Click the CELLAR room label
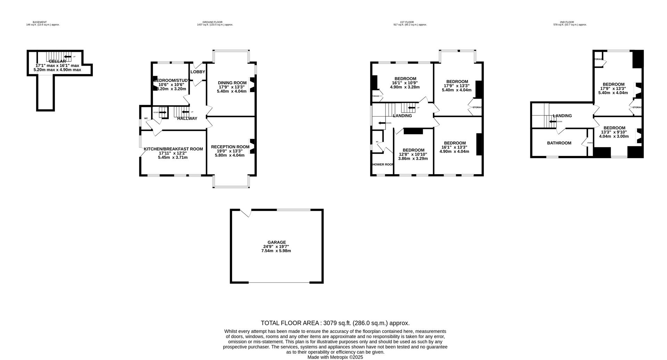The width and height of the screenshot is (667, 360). point(57,62)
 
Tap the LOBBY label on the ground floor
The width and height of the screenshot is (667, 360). point(198,72)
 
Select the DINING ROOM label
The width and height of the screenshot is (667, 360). point(232,83)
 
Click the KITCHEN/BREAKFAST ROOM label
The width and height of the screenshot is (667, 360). point(173,149)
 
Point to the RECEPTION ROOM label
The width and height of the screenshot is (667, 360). point(230,147)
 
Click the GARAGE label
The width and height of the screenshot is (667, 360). point(277,242)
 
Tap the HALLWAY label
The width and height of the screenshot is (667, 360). point(187,118)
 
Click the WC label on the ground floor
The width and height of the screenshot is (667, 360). point(146,118)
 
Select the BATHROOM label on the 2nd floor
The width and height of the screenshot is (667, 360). point(559,143)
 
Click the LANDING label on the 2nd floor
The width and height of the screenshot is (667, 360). point(562,116)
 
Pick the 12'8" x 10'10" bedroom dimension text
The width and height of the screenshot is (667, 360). point(413,154)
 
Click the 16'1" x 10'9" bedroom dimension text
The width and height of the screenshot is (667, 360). point(405,83)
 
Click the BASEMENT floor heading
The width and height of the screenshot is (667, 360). point(40,22)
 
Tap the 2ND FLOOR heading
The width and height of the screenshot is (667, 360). point(567,22)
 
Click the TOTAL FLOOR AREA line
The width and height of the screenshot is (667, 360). point(335,323)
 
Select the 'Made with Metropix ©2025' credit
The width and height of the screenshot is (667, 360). point(335,357)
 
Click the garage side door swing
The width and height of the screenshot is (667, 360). point(246,213)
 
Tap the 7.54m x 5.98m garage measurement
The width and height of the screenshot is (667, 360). point(276,251)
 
